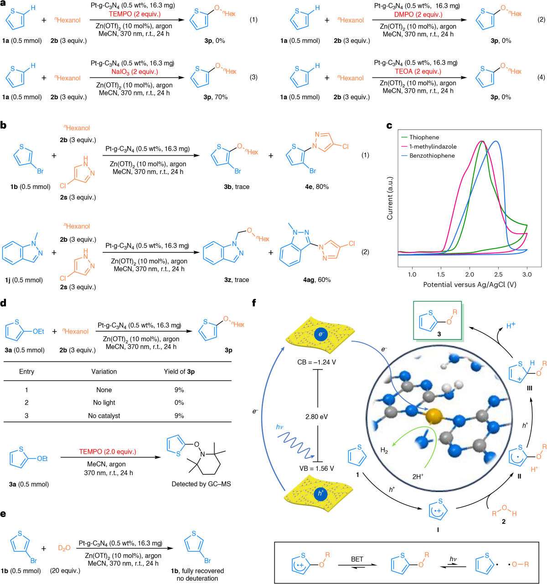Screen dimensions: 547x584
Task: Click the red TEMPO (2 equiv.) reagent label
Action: (x=135, y=14)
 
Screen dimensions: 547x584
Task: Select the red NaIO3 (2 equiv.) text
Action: (x=135, y=72)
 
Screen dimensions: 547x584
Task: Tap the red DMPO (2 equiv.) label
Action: (x=418, y=15)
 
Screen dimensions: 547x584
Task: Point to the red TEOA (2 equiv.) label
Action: (x=418, y=72)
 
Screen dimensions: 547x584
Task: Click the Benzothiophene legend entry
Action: (x=432, y=155)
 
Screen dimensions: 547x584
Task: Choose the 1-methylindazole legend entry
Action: (x=433, y=146)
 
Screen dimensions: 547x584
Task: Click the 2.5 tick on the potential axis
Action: (x=498, y=274)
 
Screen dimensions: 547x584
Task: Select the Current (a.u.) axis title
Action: (x=390, y=198)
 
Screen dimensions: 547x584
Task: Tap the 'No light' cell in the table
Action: (x=104, y=402)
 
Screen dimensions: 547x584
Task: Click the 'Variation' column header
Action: (x=104, y=371)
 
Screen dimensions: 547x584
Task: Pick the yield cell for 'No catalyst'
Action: (x=179, y=415)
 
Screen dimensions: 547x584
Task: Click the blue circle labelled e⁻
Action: (x=320, y=334)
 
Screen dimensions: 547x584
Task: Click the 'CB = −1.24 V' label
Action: (x=316, y=362)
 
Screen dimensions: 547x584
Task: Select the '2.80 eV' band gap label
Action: (x=316, y=416)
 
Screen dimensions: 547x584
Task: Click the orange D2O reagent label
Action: (x=64, y=548)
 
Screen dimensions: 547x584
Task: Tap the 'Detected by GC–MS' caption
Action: (x=201, y=484)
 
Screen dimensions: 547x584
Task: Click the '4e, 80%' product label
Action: (x=317, y=187)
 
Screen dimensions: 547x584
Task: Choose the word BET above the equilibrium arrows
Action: (x=357, y=559)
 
